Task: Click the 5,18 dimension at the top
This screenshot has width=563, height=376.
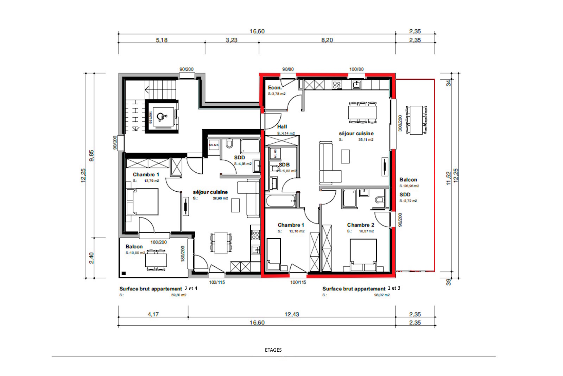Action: [x=162, y=40]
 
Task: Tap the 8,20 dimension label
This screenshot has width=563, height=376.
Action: [x=327, y=40]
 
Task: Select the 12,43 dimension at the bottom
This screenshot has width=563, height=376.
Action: [x=292, y=314]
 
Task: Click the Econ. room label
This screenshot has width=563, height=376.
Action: [x=275, y=87]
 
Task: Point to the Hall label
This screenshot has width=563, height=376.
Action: [x=282, y=127]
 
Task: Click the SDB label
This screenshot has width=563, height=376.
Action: [x=284, y=165]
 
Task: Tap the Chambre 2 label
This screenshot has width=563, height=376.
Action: [x=360, y=225]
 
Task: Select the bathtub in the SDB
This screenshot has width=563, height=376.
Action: [x=280, y=201]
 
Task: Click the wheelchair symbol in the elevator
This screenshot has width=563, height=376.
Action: [x=161, y=116]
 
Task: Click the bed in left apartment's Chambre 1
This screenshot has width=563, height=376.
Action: [x=143, y=202]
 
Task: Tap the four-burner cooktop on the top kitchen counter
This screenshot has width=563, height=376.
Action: [x=337, y=85]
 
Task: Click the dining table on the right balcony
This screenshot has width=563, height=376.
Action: [x=416, y=120]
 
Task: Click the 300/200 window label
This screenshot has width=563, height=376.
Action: [x=400, y=123]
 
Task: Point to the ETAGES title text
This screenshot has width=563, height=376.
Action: [x=273, y=350]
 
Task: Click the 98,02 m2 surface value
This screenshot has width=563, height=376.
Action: [x=382, y=295]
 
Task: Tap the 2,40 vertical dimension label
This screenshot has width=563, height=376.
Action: [x=91, y=258]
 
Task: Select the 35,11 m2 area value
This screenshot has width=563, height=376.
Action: [x=366, y=140]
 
